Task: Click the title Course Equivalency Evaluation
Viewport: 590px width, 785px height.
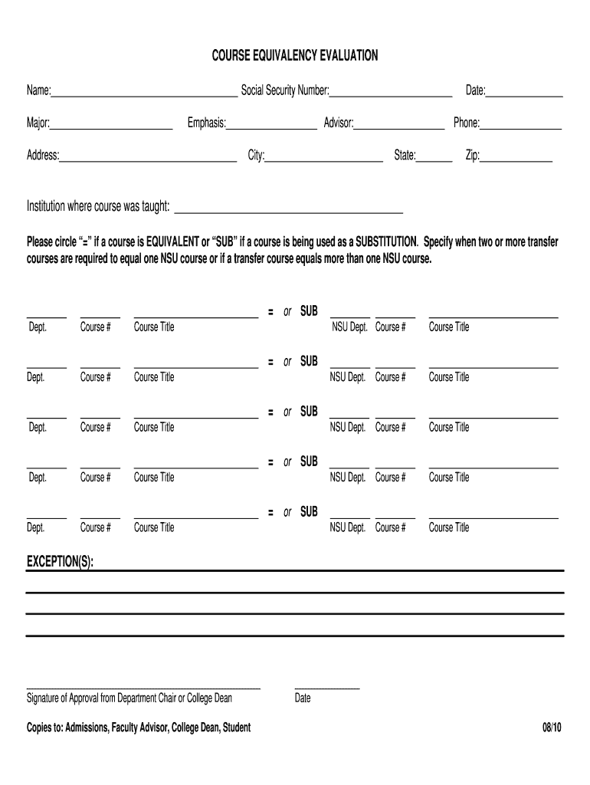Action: point(295,56)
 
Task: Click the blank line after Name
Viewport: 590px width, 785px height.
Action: point(144,95)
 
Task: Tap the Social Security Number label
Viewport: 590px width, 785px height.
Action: point(285,91)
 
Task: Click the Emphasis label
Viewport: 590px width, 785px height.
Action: point(206,123)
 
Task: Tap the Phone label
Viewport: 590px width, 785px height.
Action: point(466,123)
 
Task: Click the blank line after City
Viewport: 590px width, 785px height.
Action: point(324,159)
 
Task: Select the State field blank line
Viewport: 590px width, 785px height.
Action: point(434,159)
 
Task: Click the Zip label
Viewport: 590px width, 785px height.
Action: point(472,156)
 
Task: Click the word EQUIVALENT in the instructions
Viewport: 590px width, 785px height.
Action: point(167,242)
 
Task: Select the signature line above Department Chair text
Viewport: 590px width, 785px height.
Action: point(143,688)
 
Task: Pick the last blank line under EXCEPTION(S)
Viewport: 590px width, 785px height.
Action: point(295,636)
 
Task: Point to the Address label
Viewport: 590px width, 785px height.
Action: point(43,156)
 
